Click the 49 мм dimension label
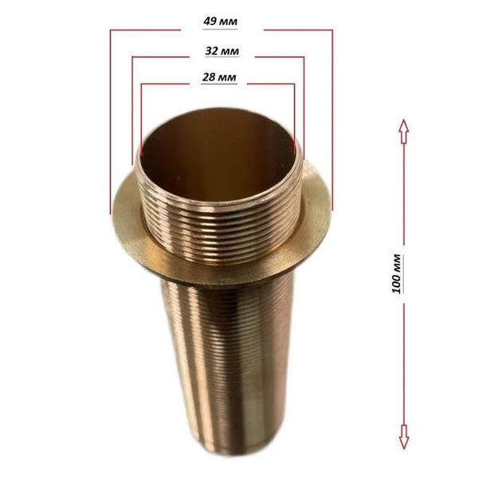[220, 22]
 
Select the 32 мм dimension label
[222, 51]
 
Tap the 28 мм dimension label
[219, 77]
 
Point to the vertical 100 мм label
[396, 273]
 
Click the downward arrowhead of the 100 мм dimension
[404, 437]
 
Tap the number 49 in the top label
[209, 22]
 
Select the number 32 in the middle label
[211, 51]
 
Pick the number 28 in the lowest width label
[208, 76]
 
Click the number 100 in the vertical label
[396, 284]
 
